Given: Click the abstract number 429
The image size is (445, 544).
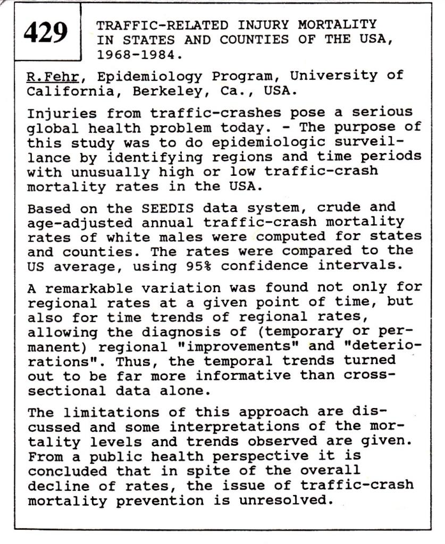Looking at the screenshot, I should [x=46, y=33].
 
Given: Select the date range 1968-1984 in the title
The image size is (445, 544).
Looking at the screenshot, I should [x=136, y=55].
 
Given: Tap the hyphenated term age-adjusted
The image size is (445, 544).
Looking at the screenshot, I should [x=72, y=223].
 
